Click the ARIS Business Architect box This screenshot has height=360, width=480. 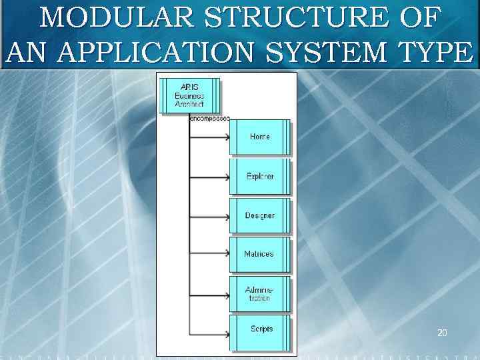coord(189,95)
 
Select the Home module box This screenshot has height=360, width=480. coord(260,137)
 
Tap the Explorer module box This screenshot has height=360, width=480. coord(260,176)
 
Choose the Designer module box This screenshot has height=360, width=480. coord(260,215)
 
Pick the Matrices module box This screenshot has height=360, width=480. coord(260,254)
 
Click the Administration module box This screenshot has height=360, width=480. coord(260,293)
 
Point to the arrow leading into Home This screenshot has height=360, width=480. coord(209,138)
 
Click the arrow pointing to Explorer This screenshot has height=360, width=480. coord(209,177)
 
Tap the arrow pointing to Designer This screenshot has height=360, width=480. coord(209,217)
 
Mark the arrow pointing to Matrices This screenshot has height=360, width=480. coord(209,255)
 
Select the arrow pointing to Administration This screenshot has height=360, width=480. coord(209,294)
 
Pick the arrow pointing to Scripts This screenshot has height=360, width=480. coord(209,333)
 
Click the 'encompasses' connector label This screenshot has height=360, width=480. coord(210,118)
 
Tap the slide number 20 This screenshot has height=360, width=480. coord(442,331)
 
